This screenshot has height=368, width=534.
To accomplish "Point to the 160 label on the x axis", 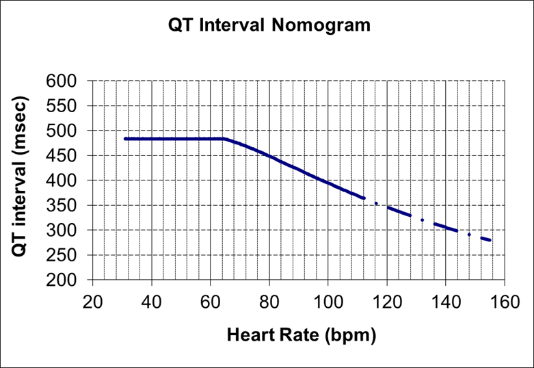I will tap(504, 302).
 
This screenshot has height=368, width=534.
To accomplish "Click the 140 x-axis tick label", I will tap(445, 302).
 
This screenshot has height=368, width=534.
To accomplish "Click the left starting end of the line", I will tap(125, 139).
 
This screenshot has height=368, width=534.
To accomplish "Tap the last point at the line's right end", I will tap(490, 240).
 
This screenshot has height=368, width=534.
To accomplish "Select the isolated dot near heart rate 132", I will tap(422, 220).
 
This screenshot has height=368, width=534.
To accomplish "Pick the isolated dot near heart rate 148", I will tap(469, 235).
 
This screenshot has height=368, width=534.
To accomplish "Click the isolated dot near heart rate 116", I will tap(375, 203).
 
